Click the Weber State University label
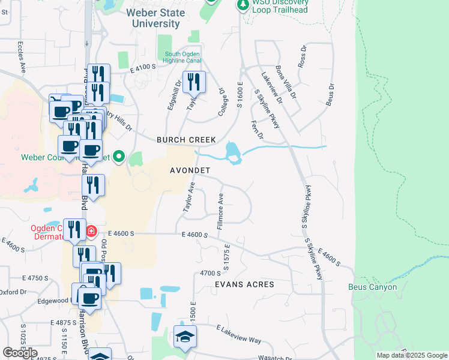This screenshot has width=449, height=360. [154, 18]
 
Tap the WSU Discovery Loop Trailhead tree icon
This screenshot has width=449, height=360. [243, 5]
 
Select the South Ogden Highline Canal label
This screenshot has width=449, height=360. [183, 58]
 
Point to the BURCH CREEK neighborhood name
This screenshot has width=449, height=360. [186, 140]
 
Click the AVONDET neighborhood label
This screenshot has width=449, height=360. [189, 170]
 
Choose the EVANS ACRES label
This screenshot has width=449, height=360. [246, 284]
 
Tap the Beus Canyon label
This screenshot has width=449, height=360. [373, 287]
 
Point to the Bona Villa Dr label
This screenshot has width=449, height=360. [285, 82]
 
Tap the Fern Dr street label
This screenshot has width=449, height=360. [254, 128]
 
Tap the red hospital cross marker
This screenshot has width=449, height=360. [91, 231]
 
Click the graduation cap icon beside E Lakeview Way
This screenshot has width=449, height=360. [185, 337]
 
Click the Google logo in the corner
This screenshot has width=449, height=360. [20, 353]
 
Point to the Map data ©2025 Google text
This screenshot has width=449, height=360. [411, 355]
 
